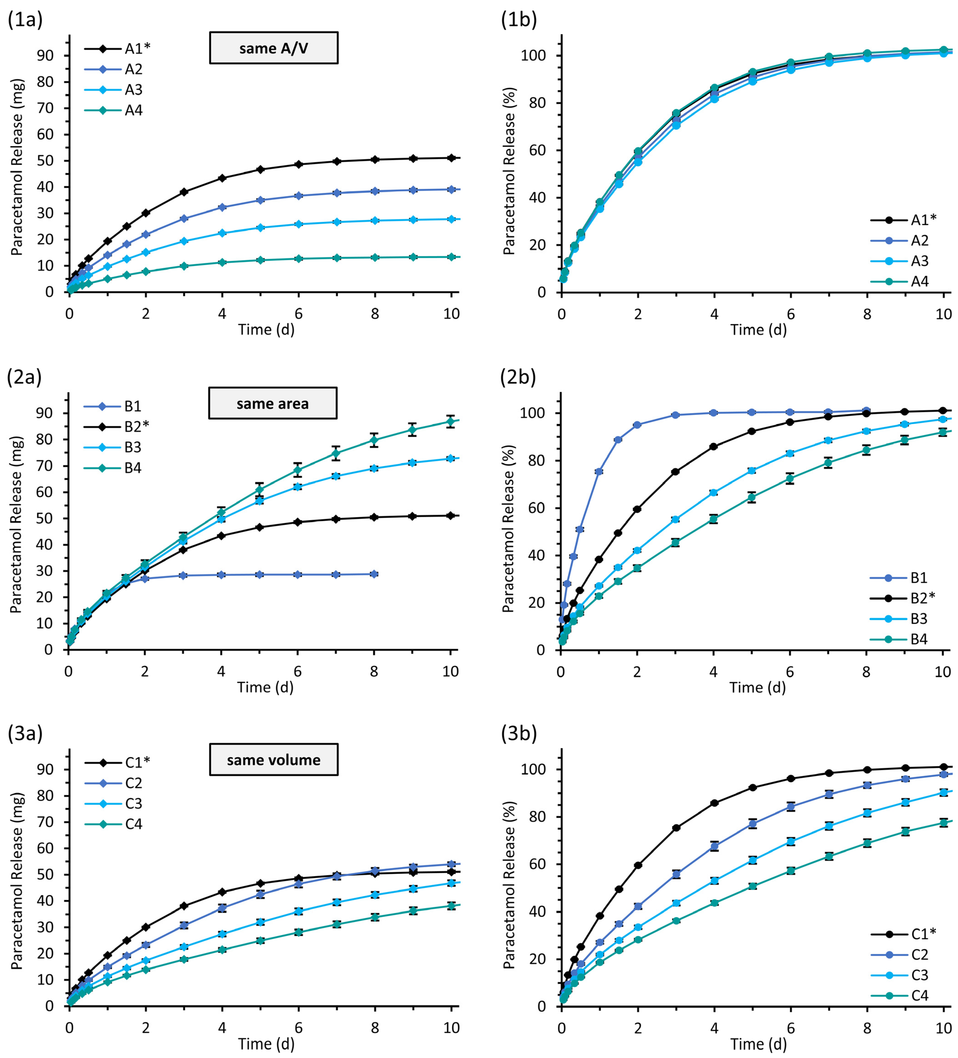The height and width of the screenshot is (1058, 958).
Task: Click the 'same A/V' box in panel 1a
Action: pos(273,48)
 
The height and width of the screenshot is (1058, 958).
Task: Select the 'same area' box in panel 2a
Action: pos(273,404)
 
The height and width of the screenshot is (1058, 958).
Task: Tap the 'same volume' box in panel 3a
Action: pos(273,760)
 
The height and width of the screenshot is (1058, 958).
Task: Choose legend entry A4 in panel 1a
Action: pos(133,110)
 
